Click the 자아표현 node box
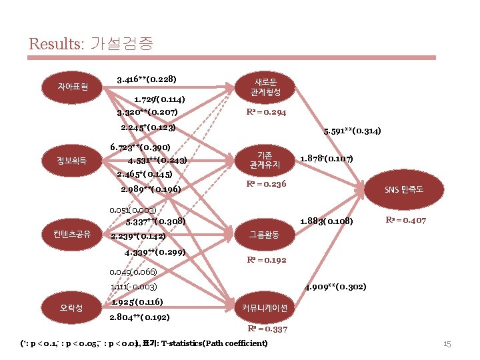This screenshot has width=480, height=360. [x=69, y=87]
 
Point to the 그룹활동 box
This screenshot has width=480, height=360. [x=264, y=234]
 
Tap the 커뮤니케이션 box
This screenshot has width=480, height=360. [x=264, y=308]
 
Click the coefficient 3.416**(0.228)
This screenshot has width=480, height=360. [x=146, y=79]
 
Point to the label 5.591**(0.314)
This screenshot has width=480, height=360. [x=351, y=131]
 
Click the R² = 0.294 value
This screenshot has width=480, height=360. [x=266, y=112]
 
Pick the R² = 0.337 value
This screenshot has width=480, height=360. [x=267, y=329]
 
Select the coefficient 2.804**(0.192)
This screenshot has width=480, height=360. [x=139, y=317]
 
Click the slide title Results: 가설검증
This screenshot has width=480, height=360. [x=91, y=45]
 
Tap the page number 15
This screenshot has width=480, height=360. [x=447, y=344]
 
